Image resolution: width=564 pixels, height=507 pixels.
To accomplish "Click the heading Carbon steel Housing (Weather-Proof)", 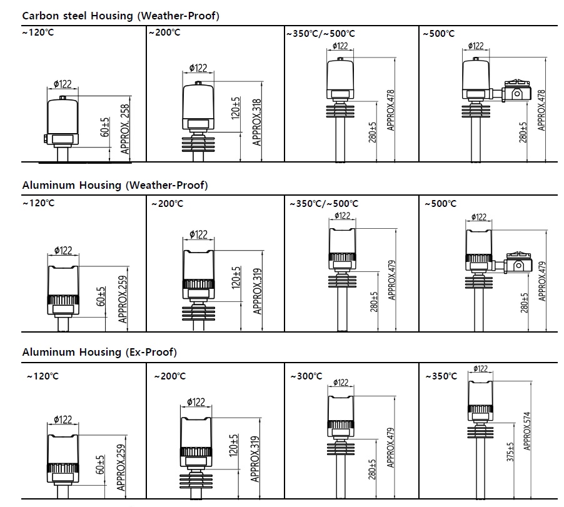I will (x=121, y=16).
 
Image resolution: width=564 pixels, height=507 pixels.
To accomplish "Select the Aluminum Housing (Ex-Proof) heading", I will (x=99, y=352).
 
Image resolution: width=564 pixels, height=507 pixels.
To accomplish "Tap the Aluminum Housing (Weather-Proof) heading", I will (x=115, y=185).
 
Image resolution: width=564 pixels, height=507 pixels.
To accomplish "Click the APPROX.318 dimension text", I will (x=256, y=123).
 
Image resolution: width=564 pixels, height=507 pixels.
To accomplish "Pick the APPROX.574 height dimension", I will (x=527, y=431).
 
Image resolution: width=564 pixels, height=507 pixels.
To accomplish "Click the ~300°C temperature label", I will (x=307, y=376).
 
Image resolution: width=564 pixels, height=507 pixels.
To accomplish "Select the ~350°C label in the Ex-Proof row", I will (x=441, y=376).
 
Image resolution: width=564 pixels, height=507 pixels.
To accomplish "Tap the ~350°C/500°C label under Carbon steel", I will (x=321, y=33).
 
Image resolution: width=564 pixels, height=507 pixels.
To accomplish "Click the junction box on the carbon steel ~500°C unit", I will (x=518, y=90).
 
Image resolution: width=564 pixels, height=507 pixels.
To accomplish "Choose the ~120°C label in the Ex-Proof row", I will (x=41, y=376).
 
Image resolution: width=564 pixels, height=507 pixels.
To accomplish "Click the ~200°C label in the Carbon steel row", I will (x=164, y=33).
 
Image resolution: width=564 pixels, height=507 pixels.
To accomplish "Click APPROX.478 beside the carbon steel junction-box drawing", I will (x=541, y=110).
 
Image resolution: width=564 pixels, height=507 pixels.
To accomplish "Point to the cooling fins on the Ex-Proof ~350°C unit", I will (x=480, y=432).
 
